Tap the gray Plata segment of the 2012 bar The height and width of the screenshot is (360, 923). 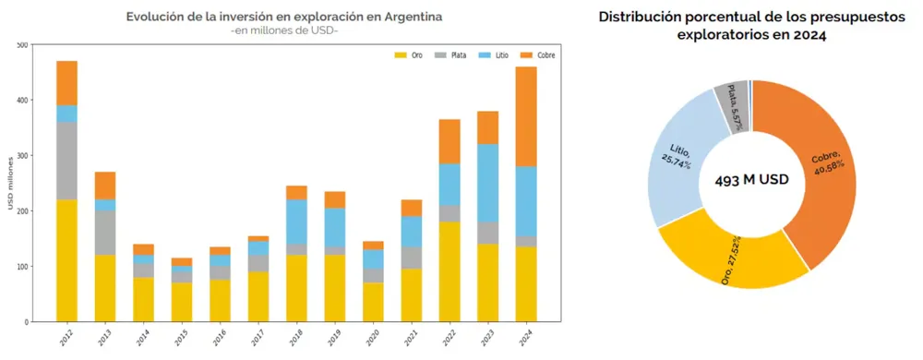pyautogui.click(x=66, y=161)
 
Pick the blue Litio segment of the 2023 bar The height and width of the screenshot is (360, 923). pyautogui.click(x=487, y=183)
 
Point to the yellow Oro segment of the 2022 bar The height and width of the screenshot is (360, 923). pyautogui.click(x=450, y=271)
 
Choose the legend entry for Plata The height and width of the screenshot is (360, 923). pyautogui.click(x=450, y=55)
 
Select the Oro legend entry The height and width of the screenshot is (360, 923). pyautogui.click(x=409, y=55)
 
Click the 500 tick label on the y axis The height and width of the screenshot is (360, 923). pyautogui.click(x=23, y=44)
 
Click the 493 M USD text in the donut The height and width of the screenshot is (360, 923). pyautogui.click(x=751, y=180)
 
